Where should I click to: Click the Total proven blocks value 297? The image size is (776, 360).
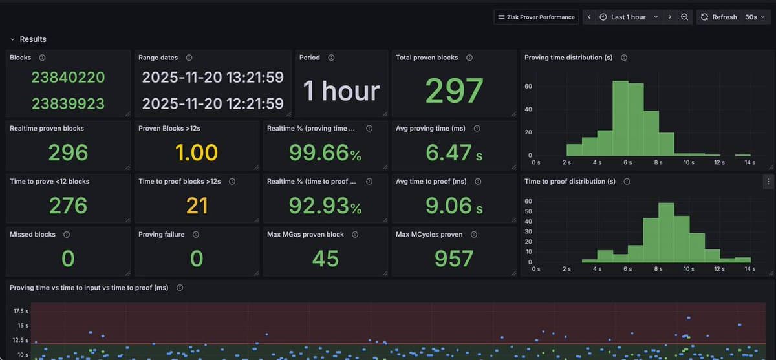(x=454, y=91)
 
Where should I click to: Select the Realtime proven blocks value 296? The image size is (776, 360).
(x=68, y=153)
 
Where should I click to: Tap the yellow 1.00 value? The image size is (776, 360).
(x=197, y=153)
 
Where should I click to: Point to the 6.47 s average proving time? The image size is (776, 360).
(x=454, y=153)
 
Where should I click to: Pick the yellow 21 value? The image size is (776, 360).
(x=197, y=206)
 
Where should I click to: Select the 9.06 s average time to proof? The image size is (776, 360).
(x=454, y=206)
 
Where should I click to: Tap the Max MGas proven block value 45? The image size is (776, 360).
(x=325, y=259)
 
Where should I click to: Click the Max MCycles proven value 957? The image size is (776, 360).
(x=454, y=259)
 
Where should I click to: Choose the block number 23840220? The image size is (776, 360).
(x=68, y=78)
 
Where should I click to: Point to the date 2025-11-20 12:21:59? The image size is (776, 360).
(x=213, y=103)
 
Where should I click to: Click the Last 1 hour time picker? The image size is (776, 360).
(x=628, y=17)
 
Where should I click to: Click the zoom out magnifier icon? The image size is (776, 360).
(x=684, y=17)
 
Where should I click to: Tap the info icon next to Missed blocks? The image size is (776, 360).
(x=67, y=235)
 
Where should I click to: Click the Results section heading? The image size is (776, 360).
(x=33, y=39)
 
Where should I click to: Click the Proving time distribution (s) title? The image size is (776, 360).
(x=568, y=58)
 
